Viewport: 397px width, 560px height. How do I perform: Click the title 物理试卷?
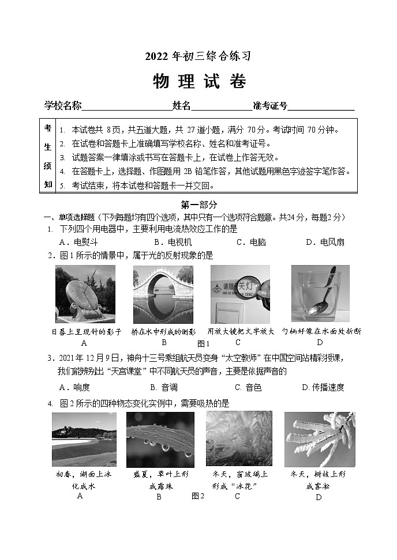(x=199, y=82)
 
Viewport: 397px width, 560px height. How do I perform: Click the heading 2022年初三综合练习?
(x=199, y=56)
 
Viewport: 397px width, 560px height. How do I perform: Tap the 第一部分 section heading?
(x=199, y=205)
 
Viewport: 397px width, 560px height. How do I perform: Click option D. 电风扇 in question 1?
(x=324, y=242)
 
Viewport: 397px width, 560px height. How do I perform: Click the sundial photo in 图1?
(x=85, y=294)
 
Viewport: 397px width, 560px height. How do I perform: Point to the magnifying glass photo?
(x=240, y=294)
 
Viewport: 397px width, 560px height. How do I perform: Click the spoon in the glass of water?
(x=320, y=294)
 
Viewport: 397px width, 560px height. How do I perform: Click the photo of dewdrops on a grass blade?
(x=160, y=438)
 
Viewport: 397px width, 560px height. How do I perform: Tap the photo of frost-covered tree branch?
(x=319, y=438)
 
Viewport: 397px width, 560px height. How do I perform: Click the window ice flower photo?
(x=239, y=438)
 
